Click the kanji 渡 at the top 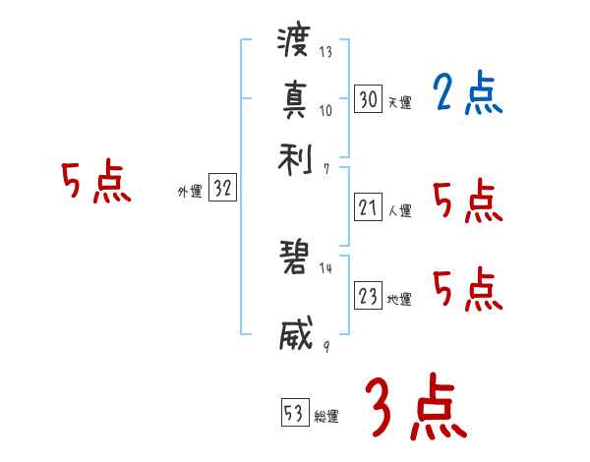pos(294,43)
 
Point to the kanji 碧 pos(294,260)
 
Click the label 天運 pos(399,102)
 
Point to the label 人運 pos(399,210)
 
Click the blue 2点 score pos(467,94)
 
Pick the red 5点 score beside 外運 pos(96,184)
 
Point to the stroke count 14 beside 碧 pos(325,268)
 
